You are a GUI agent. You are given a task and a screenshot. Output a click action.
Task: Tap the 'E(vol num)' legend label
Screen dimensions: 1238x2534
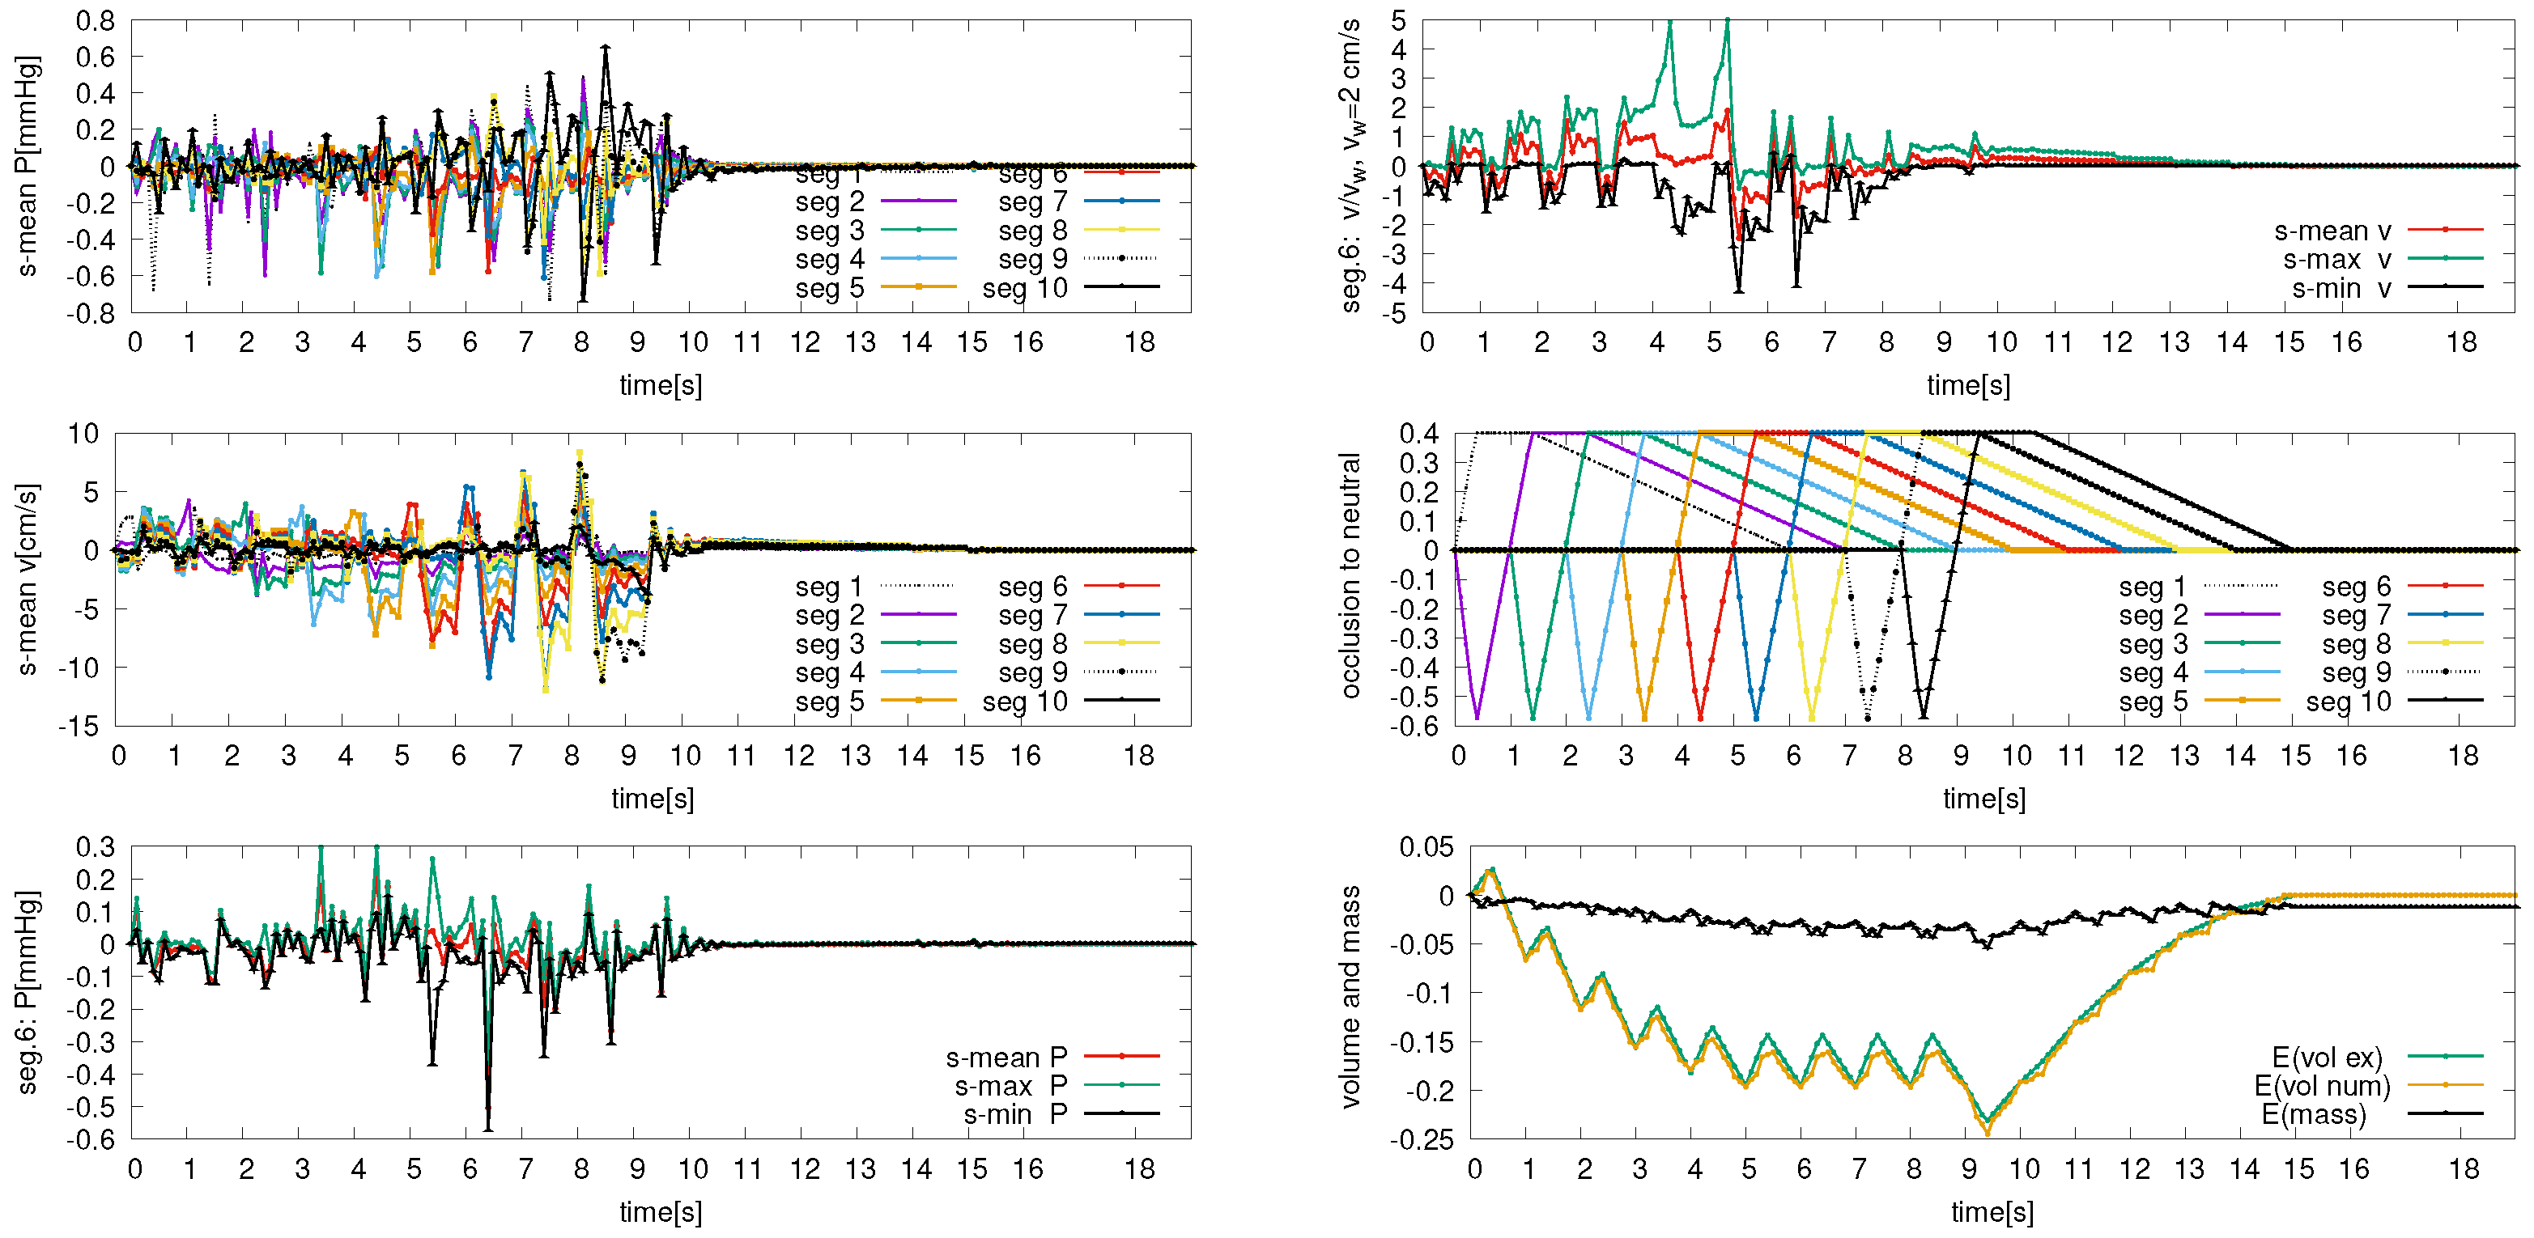(2322, 1086)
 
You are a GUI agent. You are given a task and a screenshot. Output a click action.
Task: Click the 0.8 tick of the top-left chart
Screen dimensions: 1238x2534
(96, 21)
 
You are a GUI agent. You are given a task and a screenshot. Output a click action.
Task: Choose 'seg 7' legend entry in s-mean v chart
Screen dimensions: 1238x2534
(1032, 616)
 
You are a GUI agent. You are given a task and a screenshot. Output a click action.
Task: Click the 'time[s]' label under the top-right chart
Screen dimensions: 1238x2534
(1967, 385)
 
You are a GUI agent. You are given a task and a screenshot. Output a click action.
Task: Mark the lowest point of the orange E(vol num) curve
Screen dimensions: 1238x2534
(1987, 1134)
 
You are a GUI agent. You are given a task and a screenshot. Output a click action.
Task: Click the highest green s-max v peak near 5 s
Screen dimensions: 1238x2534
(1728, 19)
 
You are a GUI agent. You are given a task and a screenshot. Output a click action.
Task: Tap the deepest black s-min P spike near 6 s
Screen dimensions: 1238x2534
(488, 1129)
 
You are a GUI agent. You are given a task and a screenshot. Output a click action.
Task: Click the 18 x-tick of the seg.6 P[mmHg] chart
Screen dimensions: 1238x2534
(1139, 1169)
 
